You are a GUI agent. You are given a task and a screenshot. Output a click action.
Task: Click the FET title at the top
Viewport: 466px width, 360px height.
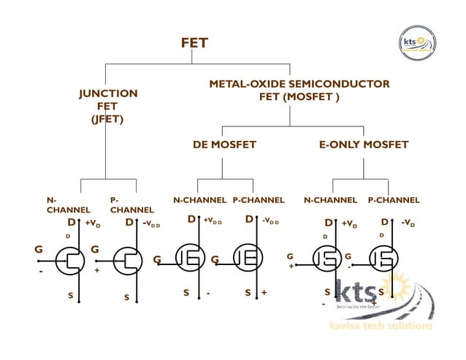pyautogui.click(x=194, y=43)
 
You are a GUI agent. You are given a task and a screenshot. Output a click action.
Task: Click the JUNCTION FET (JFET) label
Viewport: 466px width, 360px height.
pyautogui.click(x=107, y=106)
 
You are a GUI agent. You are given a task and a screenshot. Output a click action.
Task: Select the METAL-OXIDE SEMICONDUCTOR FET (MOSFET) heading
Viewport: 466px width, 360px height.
pyautogui.click(x=299, y=91)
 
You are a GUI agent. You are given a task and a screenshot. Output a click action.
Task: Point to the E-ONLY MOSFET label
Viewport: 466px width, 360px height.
pyautogui.click(x=363, y=145)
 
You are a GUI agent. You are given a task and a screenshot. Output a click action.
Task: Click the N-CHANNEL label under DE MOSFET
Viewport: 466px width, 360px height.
pyautogui.click(x=199, y=200)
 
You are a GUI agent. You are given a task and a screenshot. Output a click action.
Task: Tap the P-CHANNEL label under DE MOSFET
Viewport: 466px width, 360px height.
pyautogui.click(x=259, y=200)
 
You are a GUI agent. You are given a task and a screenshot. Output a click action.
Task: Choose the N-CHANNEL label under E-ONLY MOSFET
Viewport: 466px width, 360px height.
pyautogui.click(x=330, y=200)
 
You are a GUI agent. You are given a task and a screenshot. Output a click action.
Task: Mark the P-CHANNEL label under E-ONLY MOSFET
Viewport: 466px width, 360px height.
pyautogui.click(x=394, y=200)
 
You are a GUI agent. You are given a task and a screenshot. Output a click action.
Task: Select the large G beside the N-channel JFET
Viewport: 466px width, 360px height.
pyautogui.click(x=39, y=249)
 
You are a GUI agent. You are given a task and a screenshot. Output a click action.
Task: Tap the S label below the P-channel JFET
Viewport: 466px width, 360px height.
pyautogui.click(x=126, y=297)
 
